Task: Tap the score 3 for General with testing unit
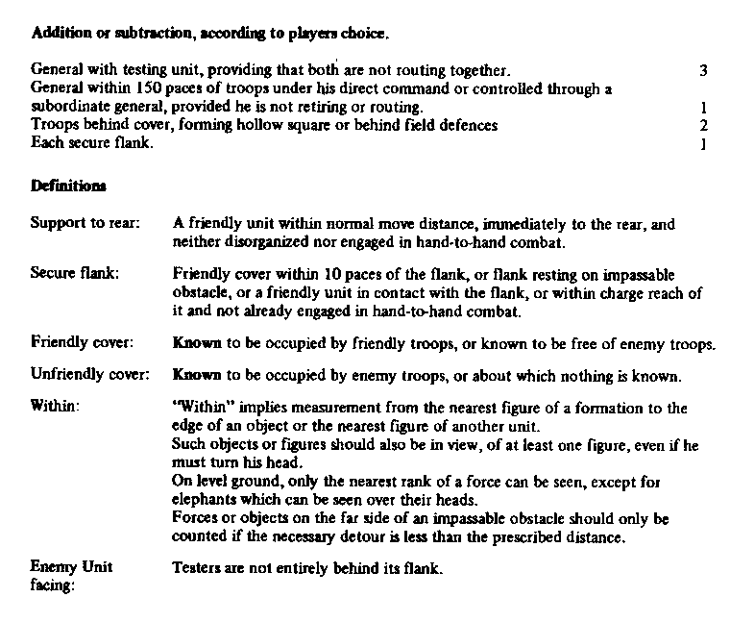click(x=704, y=71)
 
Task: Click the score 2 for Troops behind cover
click(x=704, y=126)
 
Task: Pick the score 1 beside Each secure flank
click(x=704, y=145)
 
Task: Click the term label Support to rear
click(x=85, y=224)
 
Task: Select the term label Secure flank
click(x=75, y=273)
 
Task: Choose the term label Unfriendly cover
click(x=88, y=373)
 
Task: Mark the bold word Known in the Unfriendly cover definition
click(x=192, y=374)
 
